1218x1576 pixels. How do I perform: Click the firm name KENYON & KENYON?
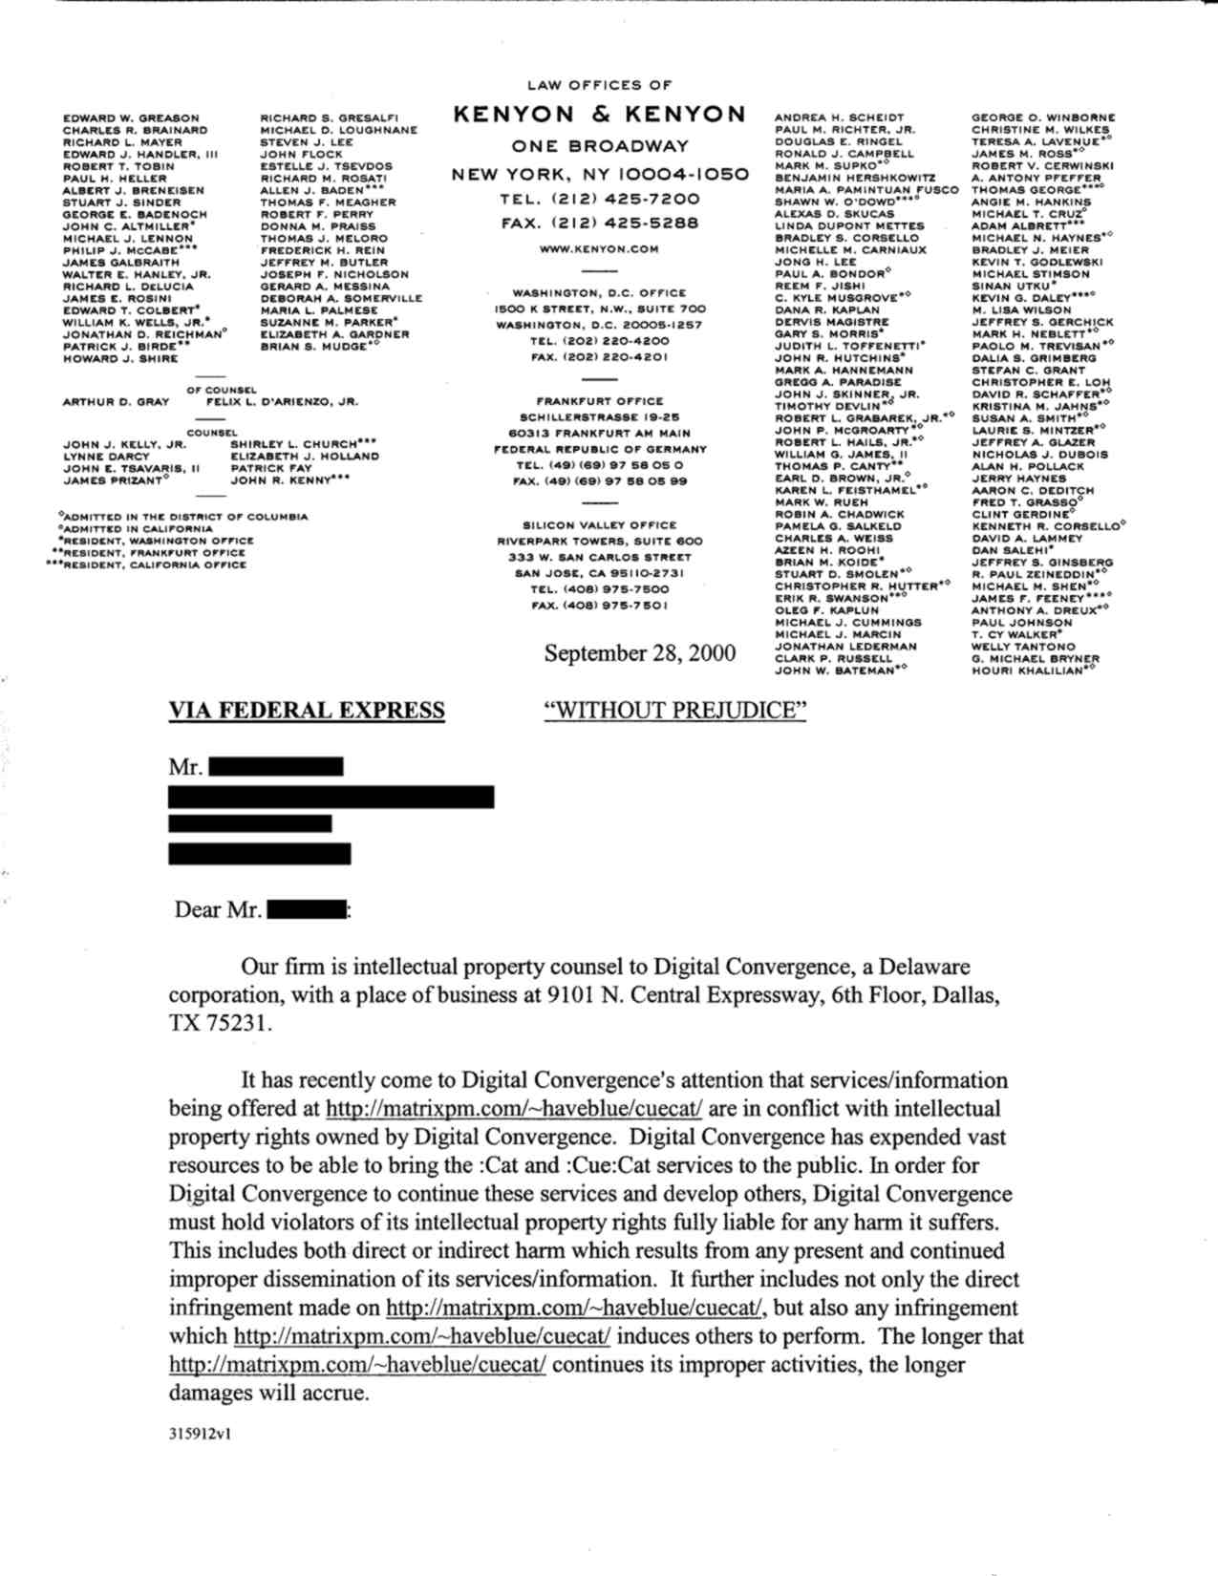tap(599, 115)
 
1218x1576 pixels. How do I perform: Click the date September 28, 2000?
tap(640, 653)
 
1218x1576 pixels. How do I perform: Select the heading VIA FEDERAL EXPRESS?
tap(307, 711)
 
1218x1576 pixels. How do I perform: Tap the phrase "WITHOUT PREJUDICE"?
tap(674, 711)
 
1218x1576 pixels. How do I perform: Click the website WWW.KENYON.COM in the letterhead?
tap(599, 249)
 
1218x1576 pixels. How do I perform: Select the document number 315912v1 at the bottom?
tap(200, 1434)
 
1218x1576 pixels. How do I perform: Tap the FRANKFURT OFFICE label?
tap(599, 402)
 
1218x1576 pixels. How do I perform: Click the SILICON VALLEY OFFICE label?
tap(599, 525)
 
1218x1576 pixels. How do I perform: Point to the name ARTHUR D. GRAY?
tap(116, 402)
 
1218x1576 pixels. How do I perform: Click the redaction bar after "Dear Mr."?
tap(307, 910)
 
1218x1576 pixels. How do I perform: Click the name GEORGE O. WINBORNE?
tap(1043, 118)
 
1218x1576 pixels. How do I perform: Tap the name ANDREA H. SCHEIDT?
tap(839, 118)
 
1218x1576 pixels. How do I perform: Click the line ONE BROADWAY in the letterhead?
tap(599, 147)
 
